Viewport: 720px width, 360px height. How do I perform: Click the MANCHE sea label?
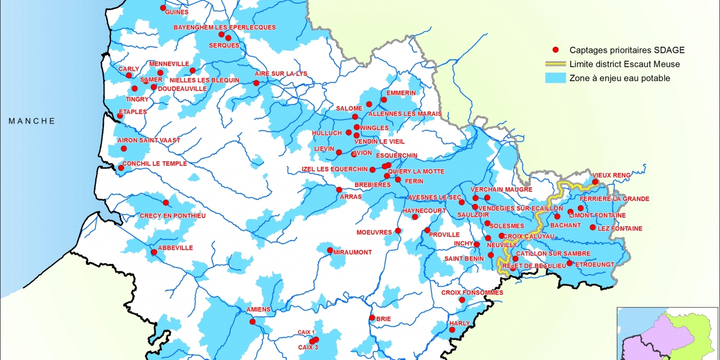pyautogui.click(x=31, y=121)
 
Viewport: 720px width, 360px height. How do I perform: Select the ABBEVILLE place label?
pyautogui.click(x=175, y=248)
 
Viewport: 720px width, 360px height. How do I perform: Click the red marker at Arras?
pyautogui.click(x=339, y=190)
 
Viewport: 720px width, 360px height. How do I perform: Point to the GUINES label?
pyautogui.click(x=175, y=12)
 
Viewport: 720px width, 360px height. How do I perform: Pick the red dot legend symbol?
pyautogui.click(x=556, y=50)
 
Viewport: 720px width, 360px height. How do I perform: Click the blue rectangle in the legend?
pyautogui.click(x=555, y=78)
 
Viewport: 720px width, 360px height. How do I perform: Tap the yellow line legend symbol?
pyautogui.click(x=555, y=64)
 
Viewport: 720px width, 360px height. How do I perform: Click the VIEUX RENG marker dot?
pyautogui.click(x=595, y=182)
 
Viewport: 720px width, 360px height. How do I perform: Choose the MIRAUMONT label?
pyautogui.click(x=352, y=253)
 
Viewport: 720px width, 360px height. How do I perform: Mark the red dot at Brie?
pyautogui.click(x=372, y=318)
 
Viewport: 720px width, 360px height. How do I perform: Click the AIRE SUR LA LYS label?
pyautogui.click(x=281, y=73)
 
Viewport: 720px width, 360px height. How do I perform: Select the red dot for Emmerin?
pyautogui.click(x=384, y=100)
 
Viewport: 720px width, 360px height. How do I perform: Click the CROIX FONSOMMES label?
pyautogui.click(x=472, y=293)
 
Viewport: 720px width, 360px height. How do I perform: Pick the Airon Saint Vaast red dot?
pyautogui.click(x=124, y=148)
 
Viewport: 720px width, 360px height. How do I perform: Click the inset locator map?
pyautogui.click(x=668, y=334)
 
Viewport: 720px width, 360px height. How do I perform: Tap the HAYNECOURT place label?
pyautogui.click(x=424, y=211)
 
